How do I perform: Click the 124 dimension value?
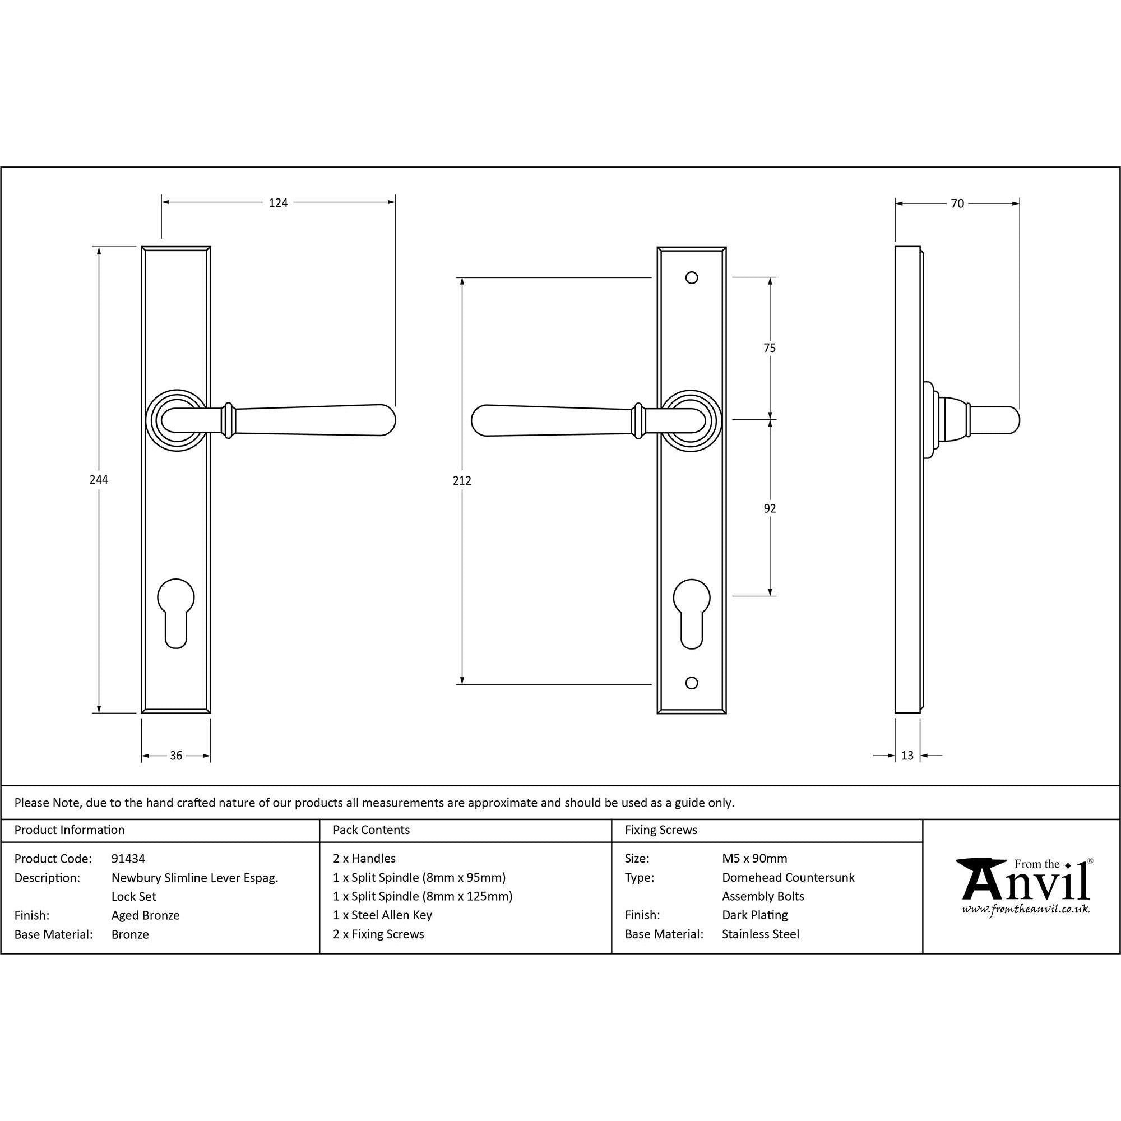point(278,202)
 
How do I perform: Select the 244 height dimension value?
point(99,479)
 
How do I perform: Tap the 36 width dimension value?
point(176,756)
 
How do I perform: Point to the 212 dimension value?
point(462,480)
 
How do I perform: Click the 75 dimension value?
point(770,348)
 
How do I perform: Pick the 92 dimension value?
point(770,508)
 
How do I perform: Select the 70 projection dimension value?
point(957,203)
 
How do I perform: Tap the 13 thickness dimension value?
point(907,756)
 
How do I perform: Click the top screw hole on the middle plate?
point(691,278)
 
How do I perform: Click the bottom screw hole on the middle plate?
point(691,683)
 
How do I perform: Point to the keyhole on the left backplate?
point(176,613)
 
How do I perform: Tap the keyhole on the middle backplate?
point(691,613)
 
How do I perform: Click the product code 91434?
point(128,858)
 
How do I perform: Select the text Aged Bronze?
point(146,915)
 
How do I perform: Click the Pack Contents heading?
point(372,830)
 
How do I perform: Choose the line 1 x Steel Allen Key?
point(382,915)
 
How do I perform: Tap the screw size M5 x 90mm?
point(754,858)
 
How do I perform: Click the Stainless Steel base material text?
point(760,934)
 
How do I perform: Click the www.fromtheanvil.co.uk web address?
point(1025,909)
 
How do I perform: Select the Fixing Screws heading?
point(661,830)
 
